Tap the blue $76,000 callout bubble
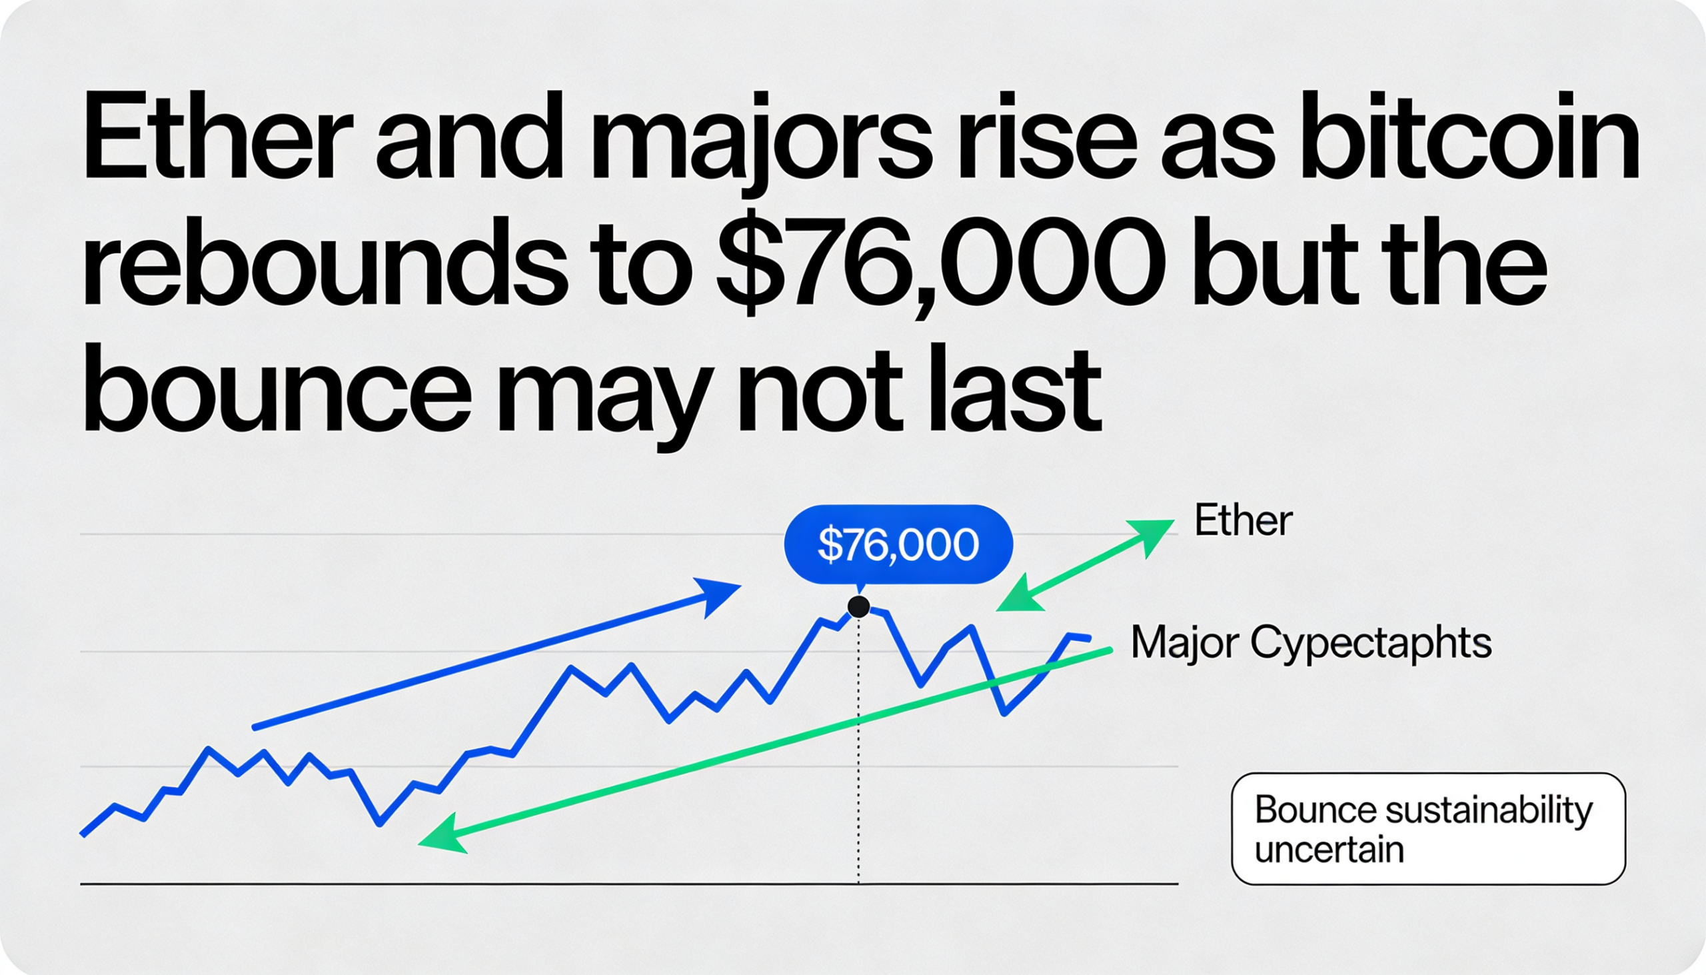tap(898, 544)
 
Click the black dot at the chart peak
tap(858, 606)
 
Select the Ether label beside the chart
tap(1244, 521)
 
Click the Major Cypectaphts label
tap(1311, 644)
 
